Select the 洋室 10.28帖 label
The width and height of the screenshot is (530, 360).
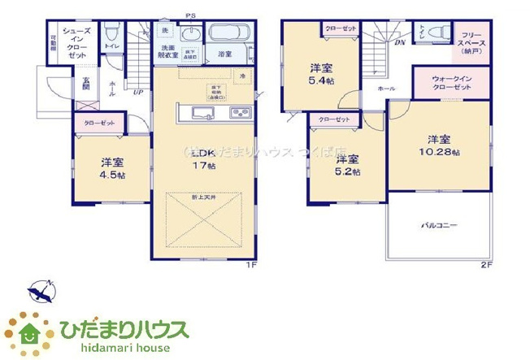pos(439,145)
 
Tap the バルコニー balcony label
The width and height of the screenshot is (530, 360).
pos(439,224)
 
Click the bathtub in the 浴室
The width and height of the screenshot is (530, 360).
pos(231,36)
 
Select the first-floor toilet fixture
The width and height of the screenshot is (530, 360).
pos(112,34)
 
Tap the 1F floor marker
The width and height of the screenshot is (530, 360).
pos(254,265)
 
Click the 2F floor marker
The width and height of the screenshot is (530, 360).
pos(486,265)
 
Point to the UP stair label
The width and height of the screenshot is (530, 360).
pos(138,93)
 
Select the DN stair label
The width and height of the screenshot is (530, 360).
pos(400,43)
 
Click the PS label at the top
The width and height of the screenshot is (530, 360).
pos(191,15)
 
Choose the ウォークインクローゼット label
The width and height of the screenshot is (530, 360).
pos(451,82)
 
